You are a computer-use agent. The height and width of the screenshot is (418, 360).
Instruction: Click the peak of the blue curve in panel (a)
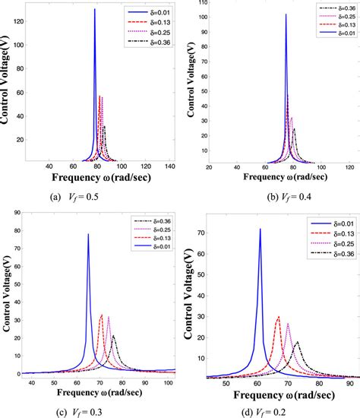click(95, 10)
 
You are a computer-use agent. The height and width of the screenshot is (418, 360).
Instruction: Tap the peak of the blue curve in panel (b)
click(286, 14)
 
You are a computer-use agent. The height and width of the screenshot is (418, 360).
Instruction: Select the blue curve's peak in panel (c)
click(88, 234)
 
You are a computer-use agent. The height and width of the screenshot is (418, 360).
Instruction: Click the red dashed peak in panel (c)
click(101, 315)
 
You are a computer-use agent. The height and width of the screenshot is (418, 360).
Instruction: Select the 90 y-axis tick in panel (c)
click(14, 215)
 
